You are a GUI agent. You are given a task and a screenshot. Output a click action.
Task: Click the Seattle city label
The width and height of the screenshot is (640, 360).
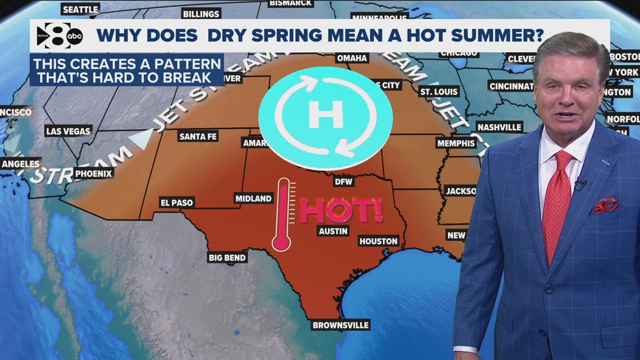pos(80,10)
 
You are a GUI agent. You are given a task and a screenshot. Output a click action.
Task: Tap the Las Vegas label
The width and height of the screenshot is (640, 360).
pos(68,131)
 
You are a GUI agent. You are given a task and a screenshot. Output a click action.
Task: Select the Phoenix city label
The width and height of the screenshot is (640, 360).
pos(94,174)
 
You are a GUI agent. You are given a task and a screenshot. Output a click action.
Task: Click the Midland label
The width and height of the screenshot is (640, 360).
pos(254,198)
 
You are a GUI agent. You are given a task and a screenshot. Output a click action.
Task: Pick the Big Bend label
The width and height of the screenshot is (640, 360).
pos(227,257)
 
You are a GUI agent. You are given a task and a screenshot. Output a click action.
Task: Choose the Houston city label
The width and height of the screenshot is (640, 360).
pos(378,241)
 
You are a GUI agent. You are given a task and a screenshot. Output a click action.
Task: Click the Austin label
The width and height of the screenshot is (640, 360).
pos(333,231)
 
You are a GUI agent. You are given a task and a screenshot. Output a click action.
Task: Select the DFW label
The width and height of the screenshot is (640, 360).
pos(342,181)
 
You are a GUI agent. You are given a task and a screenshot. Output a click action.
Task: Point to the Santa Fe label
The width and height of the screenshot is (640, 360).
pos(198,136)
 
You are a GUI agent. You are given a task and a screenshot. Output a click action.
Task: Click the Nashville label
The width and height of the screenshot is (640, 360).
pos(499,127)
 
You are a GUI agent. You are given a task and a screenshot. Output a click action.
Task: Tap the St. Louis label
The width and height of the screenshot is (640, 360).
pos(439,92)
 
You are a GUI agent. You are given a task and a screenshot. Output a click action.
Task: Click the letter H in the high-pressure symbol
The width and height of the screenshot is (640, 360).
pos(326,115)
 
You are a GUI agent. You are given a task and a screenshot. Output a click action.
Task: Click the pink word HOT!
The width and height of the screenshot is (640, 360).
pos(341,210)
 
